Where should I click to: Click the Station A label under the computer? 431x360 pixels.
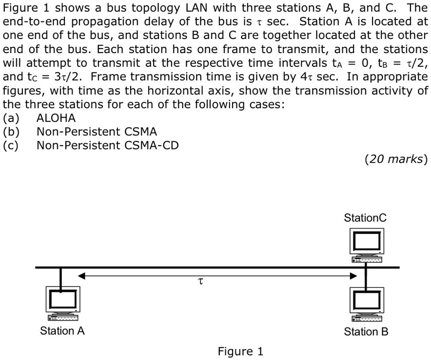62,331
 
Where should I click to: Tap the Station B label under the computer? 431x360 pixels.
366,332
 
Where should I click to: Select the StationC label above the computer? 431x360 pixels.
365,218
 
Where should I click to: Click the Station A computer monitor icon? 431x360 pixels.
61,300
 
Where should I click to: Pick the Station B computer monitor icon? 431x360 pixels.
367,301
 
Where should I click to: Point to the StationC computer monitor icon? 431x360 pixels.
367,242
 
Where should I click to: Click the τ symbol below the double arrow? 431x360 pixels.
200,282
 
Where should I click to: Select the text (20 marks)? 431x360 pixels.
395,159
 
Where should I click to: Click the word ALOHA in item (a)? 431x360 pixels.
56,118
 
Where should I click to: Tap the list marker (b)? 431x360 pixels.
12,132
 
